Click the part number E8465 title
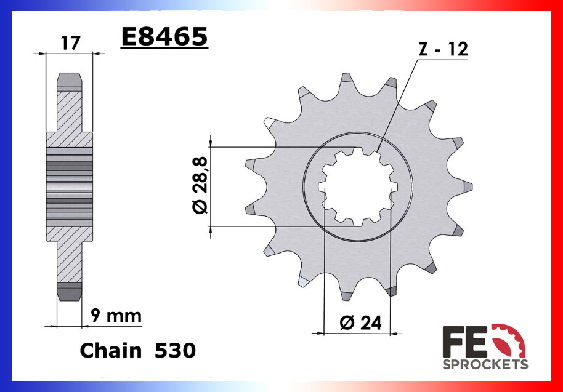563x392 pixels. [164, 37]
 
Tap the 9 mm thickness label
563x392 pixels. [115, 316]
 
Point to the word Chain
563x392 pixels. [110, 351]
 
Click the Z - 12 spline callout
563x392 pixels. [443, 50]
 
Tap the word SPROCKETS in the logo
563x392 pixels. [485, 364]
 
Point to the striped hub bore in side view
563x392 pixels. [69, 186]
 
